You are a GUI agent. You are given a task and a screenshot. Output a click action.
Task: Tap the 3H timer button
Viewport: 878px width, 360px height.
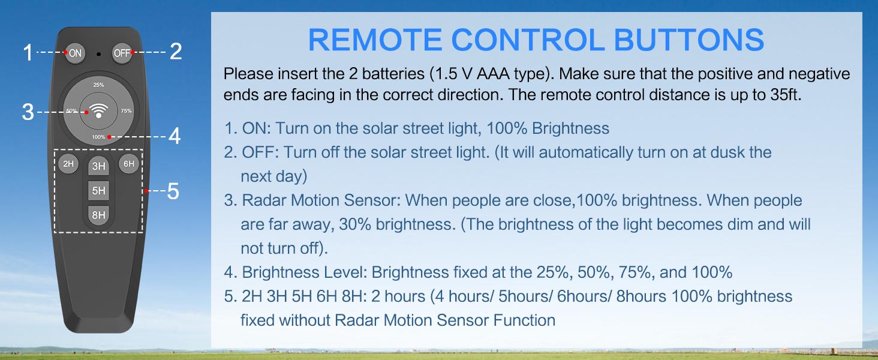[99, 167]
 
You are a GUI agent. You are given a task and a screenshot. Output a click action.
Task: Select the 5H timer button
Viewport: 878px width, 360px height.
[99, 191]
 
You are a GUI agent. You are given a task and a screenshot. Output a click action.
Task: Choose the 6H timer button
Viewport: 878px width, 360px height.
[129, 164]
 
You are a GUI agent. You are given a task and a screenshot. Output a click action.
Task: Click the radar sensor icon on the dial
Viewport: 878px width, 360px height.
[98, 112]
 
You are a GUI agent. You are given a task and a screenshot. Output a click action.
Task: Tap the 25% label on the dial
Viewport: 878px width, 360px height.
[98, 85]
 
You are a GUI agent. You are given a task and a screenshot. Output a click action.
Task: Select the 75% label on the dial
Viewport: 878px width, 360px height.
[126, 111]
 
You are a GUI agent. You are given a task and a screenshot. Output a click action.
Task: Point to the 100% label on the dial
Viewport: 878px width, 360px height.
[98, 137]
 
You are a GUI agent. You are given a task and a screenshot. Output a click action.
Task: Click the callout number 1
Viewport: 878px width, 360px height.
[28, 53]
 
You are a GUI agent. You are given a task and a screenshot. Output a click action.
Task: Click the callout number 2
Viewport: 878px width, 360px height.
[175, 52]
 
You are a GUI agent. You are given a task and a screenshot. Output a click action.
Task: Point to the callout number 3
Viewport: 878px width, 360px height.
[28, 112]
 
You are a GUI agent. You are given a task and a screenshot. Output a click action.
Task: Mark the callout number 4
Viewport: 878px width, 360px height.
[175, 137]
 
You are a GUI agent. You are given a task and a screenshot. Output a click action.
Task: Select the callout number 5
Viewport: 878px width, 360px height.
[173, 192]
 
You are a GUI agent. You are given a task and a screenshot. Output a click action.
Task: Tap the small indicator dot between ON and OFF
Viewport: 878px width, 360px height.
[99, 53]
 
